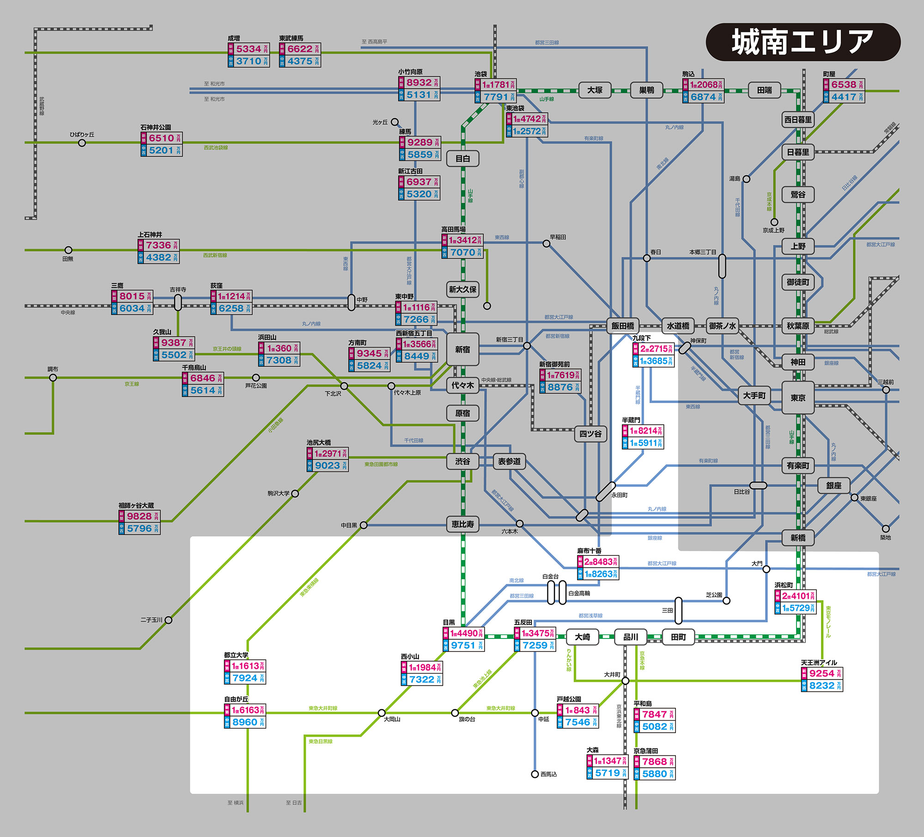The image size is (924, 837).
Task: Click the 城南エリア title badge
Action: [x=803, y=42]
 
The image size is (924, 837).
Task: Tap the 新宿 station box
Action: [x=462, y=349]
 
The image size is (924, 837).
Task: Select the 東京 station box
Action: [x=798, y=397]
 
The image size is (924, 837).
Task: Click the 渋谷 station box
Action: [x=462, y=461]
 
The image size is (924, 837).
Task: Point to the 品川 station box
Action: [x=631, y=637]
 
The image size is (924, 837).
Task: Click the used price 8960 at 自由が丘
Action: [x=245, y=722]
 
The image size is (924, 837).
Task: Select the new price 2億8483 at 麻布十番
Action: [x=600, y=562]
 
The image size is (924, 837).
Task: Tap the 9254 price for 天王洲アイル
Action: [x=822, y=673]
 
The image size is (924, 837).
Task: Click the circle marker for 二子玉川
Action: [x=169, y=620]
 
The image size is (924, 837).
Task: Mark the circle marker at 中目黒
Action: [x=364, y=525]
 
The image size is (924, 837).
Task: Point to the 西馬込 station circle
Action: [x=535, y=774]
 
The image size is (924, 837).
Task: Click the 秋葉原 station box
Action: [x=798, y=326]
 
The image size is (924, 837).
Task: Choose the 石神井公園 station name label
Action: [x=156, y=127]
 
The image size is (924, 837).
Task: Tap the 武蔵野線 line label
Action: [x=42, y=106]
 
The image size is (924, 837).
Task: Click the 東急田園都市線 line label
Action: [x=381, y=464]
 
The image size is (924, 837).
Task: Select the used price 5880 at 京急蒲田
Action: [x=655, y=774]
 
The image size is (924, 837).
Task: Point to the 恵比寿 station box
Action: [x=462, y=524]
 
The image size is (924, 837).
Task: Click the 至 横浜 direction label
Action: [x=235, y=803]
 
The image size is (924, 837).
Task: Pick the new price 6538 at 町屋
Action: [x=844, y=85]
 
